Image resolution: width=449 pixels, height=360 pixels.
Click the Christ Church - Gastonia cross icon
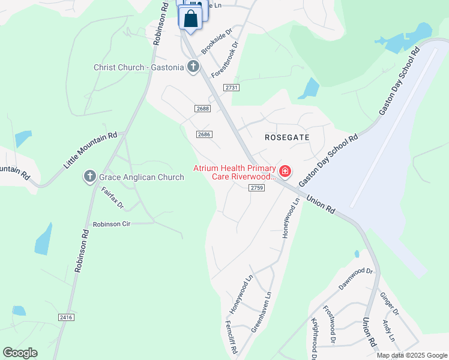point(193,67)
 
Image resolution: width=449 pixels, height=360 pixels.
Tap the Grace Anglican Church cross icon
point(90,176)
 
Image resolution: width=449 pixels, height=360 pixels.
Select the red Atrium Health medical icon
point(285,172)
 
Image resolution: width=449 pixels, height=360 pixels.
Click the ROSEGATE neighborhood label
point(287,137)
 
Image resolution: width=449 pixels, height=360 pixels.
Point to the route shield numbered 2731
point(232,88)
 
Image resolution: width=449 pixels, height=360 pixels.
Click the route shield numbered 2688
point(203,108)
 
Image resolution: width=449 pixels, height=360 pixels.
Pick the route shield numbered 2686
point(204,134)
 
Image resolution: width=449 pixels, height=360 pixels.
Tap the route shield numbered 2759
point(257,188)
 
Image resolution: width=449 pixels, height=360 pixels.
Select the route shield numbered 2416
point(66,317)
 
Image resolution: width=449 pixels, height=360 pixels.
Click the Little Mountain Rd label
point(90,150)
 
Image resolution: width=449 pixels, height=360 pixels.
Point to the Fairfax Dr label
point(112,197)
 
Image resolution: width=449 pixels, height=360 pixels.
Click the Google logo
point(20,353)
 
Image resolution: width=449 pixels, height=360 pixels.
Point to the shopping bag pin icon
point(190,19)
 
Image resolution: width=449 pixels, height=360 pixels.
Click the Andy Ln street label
point(389,331)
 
